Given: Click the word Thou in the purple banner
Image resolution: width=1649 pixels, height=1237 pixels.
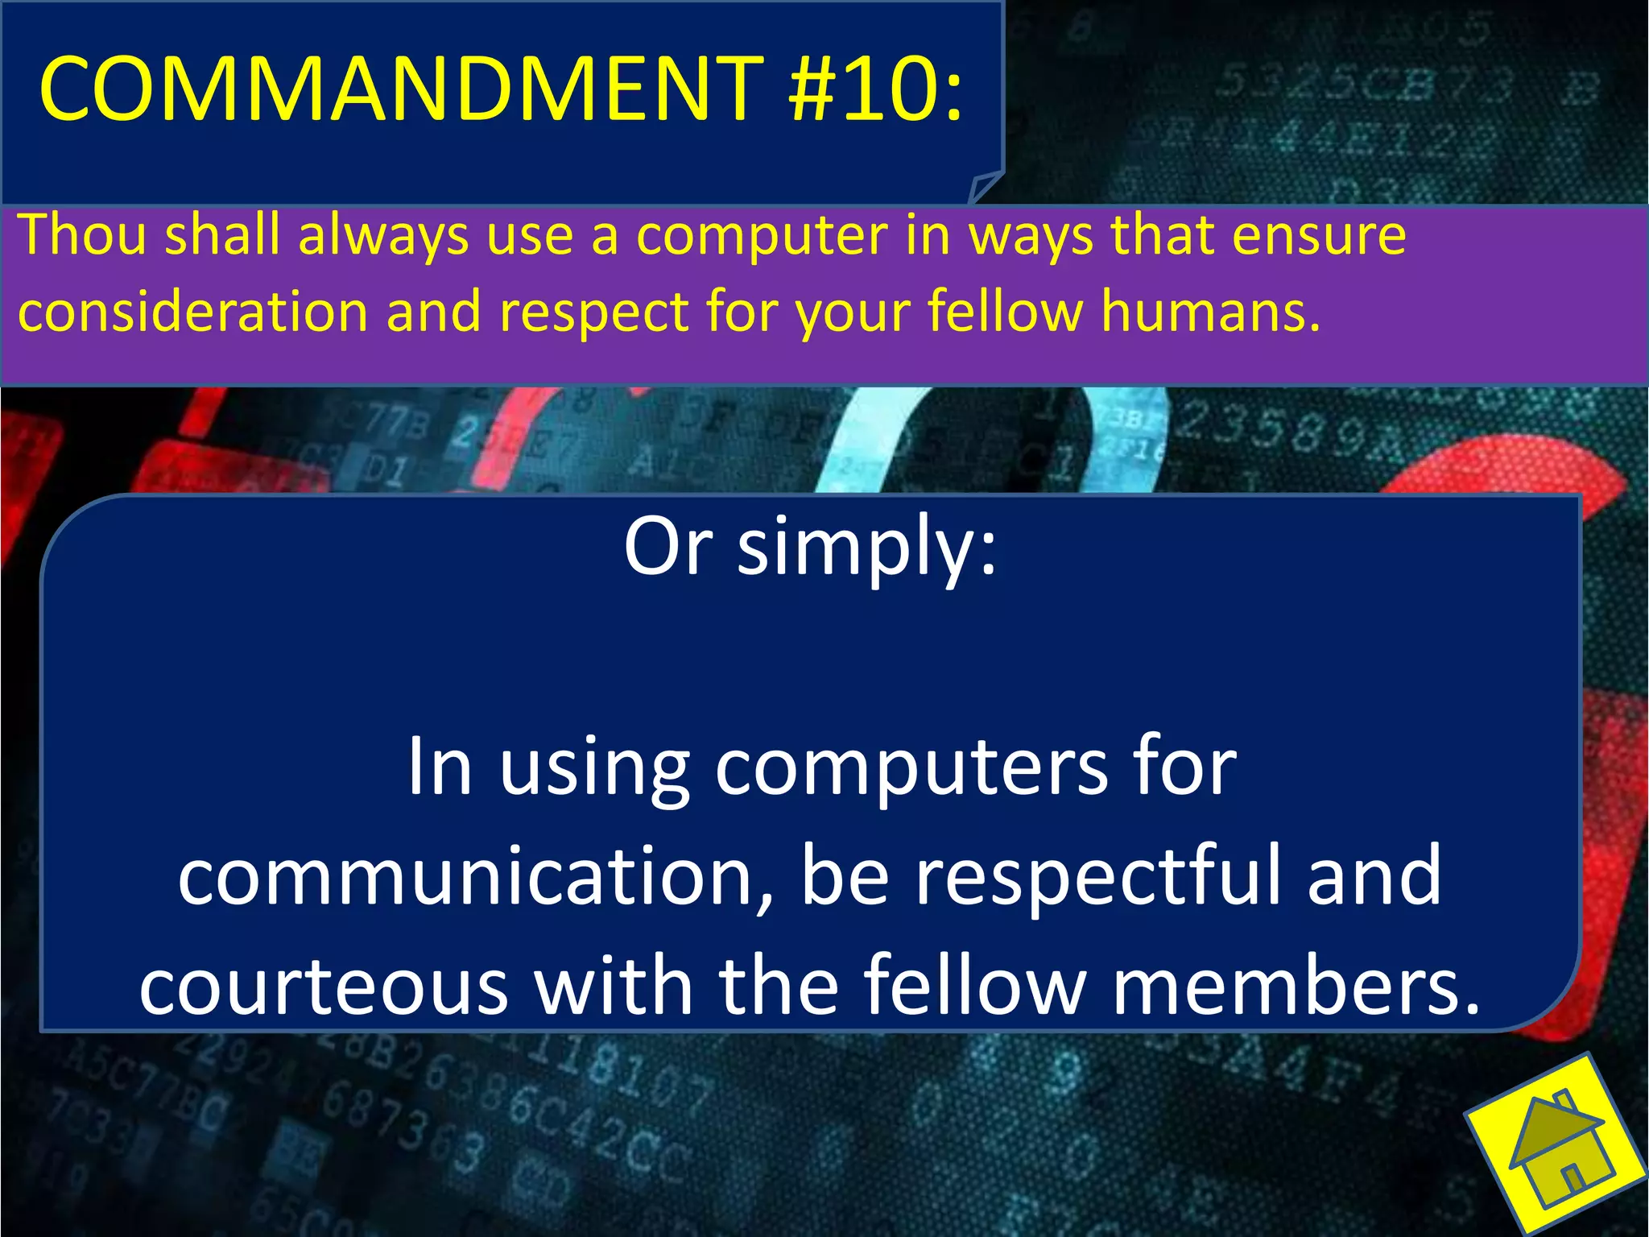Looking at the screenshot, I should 83,234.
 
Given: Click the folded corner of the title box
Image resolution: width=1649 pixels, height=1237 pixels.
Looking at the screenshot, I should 984,188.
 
